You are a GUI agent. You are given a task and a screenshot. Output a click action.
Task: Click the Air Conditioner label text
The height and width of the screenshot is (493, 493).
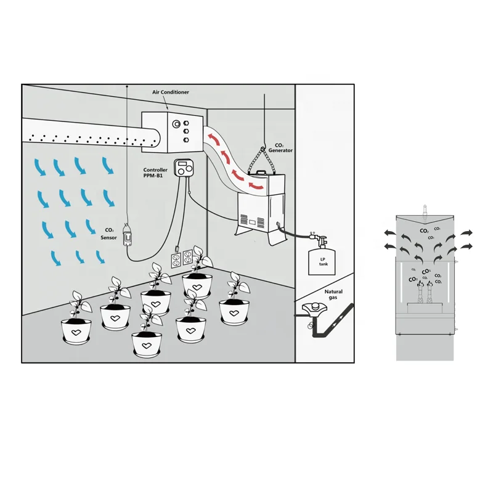click(x=171, y=92)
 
